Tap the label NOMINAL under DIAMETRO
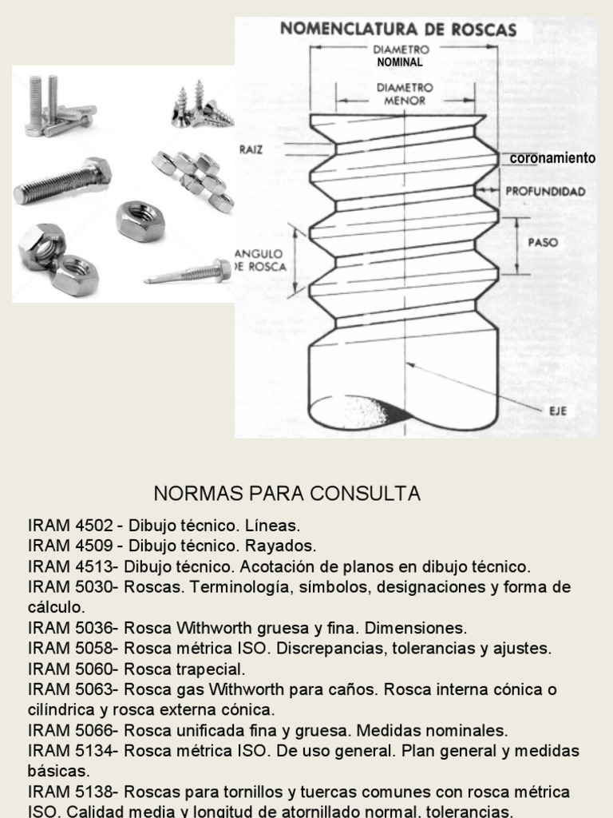tap(399, 62)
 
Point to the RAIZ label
tap(251, 149)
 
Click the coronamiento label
tap(552, 158)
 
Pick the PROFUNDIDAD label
tap(545, 192)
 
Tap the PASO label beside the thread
tap(543, 241)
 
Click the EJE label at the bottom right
tap(557, 411)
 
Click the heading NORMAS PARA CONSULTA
tap(286, 494)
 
